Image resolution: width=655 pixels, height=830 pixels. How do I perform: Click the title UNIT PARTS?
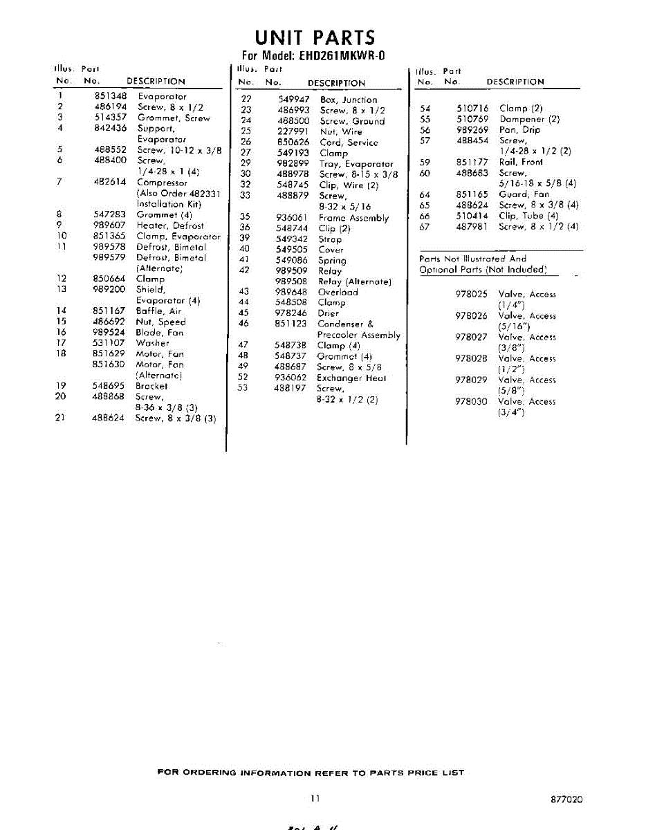click(x=315, y=37)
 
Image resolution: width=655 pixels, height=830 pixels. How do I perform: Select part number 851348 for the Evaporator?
click(x=109, y=97)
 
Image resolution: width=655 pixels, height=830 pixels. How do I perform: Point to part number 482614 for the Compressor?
click(x=109, y=183)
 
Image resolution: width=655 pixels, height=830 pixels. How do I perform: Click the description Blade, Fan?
click(x=160, y=333)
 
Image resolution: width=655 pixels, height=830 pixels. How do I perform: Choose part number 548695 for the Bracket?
click(x=109, y=386)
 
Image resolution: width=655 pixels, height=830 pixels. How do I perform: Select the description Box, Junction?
click(x=349, y=100)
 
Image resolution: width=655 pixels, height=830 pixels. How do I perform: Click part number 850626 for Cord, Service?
click(x=292, y=142)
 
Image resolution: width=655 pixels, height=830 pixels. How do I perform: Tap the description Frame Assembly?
click(x=353, y=218)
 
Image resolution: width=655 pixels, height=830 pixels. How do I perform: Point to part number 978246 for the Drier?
click(x=291, y=313)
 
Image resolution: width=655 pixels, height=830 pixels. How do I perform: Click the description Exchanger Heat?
click(x=351, y=378)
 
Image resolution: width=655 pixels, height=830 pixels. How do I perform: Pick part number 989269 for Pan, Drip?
click(x=472, y=129)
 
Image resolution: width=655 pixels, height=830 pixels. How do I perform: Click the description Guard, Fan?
click(x=524, y=194)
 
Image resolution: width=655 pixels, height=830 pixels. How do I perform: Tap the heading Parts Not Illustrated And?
click(x=473, y=259)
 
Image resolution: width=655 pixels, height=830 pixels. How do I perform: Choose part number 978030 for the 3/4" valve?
click(x=471, y=401)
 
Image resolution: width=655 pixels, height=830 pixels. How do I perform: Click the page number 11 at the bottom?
click(x=315, y=799)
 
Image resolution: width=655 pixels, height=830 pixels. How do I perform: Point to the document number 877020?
click(x=566, y=800)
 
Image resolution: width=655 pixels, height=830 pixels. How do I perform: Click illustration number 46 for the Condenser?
click(x=243, y=324)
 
